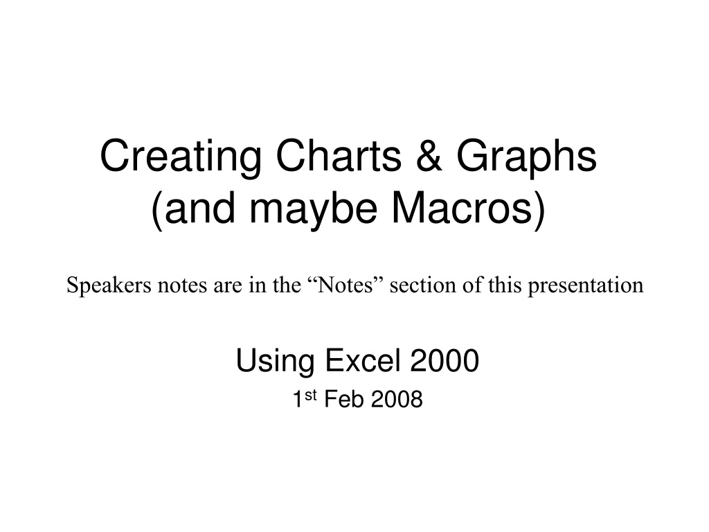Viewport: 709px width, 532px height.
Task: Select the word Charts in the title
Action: click(339, 155)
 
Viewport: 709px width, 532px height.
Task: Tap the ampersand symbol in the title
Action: click(429, 155)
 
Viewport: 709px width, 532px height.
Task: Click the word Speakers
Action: click(109, 285)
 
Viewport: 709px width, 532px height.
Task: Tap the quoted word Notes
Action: click(346, 285)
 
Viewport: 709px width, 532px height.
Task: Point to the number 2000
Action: click(445, 360)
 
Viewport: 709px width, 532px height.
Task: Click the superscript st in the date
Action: click(310, 395)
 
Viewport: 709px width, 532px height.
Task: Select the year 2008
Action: click(397, 399)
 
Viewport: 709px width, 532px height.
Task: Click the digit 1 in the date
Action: click(298, 399)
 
